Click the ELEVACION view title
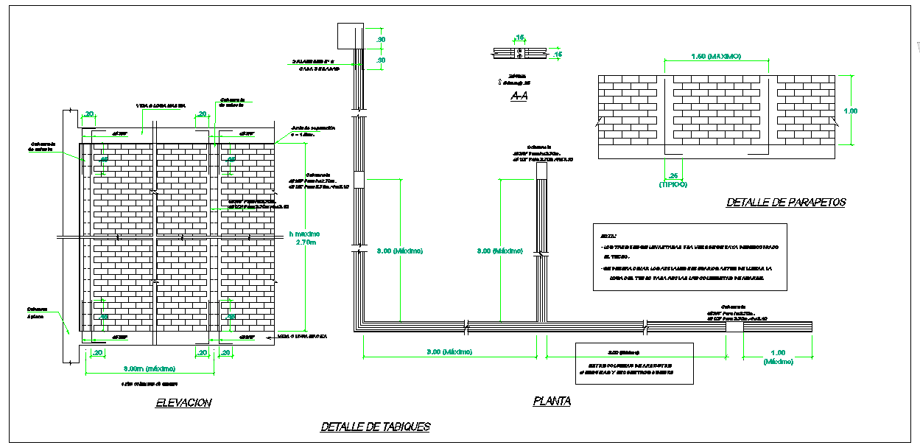click(x=183, y=402)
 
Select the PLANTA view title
click(x=552, y=401)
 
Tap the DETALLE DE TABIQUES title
click(x=376, y=427)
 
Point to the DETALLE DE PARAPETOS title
click(x=786, y=202)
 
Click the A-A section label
click(x=519, y=96)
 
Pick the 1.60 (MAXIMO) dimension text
click(x=716, y=57)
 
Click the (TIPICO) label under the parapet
click(x=673, y=184)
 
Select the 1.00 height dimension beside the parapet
click(x=851, y=111)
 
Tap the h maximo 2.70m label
click(x=304, y=238)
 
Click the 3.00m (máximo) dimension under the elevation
click(x=150, y=368)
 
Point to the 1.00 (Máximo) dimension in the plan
click(x=779, y=357)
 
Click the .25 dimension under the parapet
click(x=673, y=175)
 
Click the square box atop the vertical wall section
click(x=346, y=35)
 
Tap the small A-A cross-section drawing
click(x=519, y=53)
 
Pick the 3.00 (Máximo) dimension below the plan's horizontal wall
click(x=450, y=351)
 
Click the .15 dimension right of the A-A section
click(x=558, y=54)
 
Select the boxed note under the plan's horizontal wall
click(x=633, y=363)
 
